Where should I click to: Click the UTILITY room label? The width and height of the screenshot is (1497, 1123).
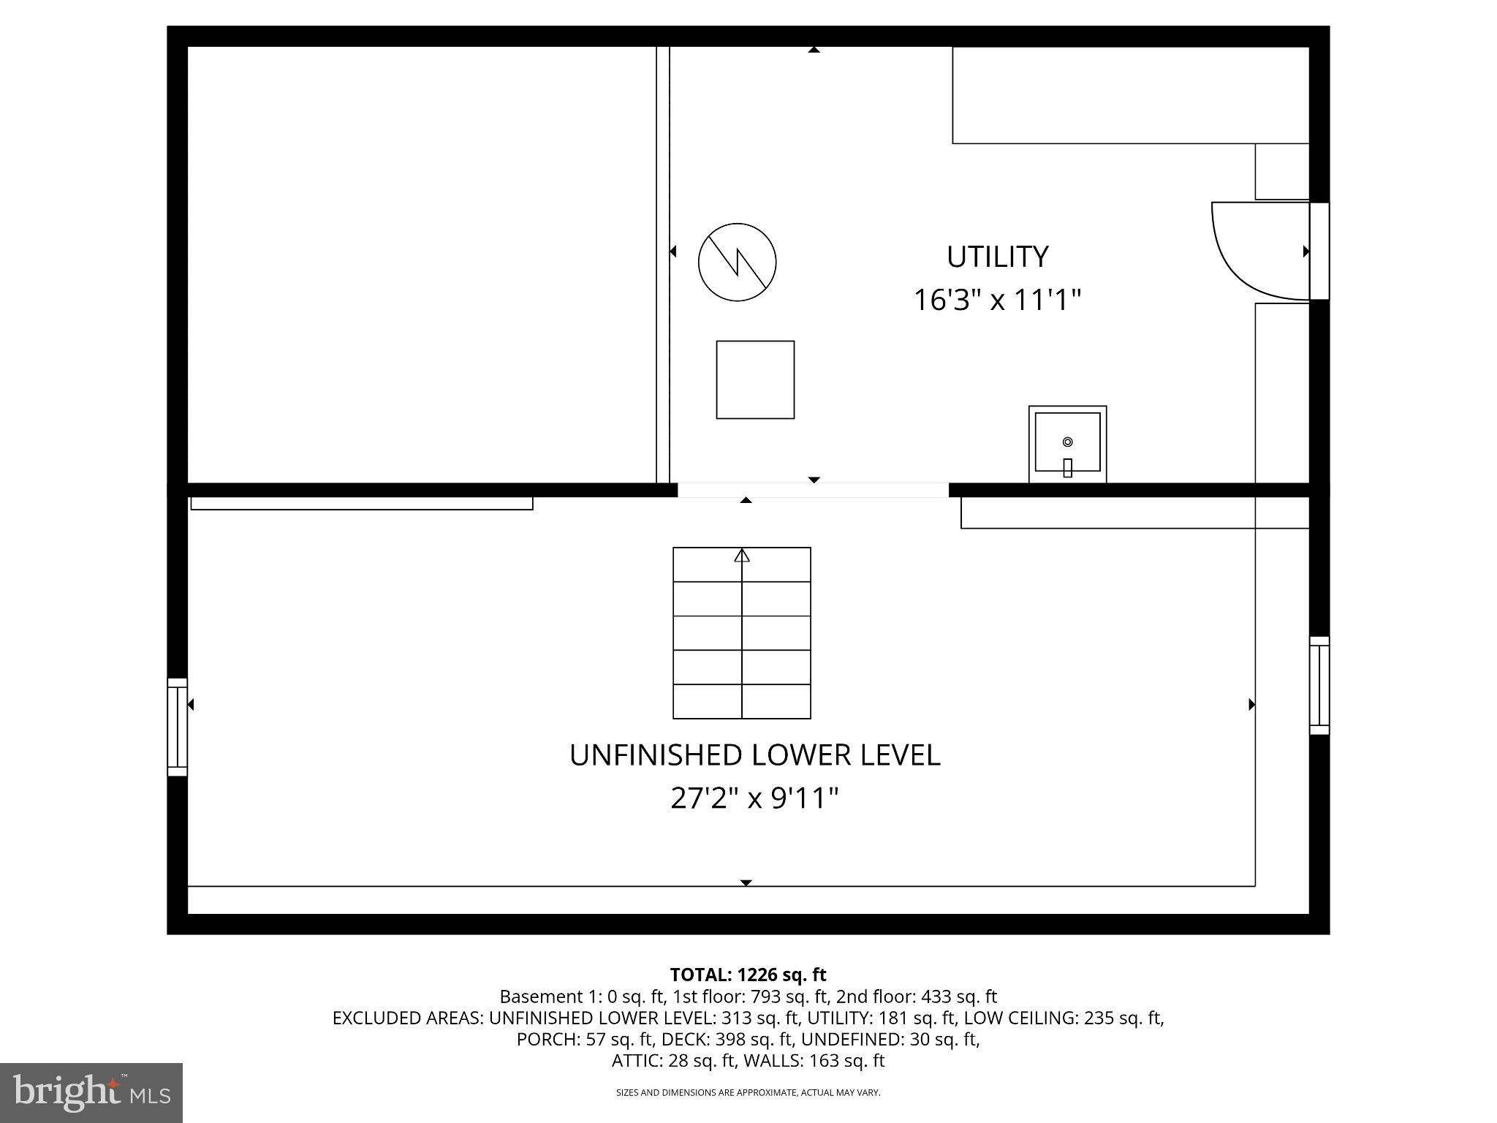pos(997,257)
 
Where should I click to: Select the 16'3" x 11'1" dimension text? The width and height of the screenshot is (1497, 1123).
pos(997,300)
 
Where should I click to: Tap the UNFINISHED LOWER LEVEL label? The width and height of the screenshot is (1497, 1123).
pos(754,755)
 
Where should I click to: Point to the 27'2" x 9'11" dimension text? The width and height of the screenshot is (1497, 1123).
pos(754,798)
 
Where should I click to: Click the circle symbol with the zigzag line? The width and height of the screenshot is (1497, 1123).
pos(737,262)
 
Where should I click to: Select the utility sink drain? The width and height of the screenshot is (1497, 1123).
pos(1067,442)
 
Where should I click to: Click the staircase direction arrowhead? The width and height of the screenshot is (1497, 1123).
pos(742,556)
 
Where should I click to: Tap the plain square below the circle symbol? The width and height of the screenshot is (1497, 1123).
pos(755,379)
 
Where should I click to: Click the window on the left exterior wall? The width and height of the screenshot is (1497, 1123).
pos(178,727)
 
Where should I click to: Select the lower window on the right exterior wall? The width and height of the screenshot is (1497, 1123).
pos(1319,685)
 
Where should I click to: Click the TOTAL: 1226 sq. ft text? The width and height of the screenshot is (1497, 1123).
pos(748,975)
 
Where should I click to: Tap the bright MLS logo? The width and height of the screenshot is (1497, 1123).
pos(91,1092)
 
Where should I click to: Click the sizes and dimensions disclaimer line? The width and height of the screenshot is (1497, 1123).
pos(748,1092)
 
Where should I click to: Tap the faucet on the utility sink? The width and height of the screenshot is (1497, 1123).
pos(1067,467)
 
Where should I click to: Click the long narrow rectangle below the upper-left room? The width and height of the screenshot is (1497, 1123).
pos(362,503)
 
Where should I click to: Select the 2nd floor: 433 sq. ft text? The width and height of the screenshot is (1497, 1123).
pos(917,997)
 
